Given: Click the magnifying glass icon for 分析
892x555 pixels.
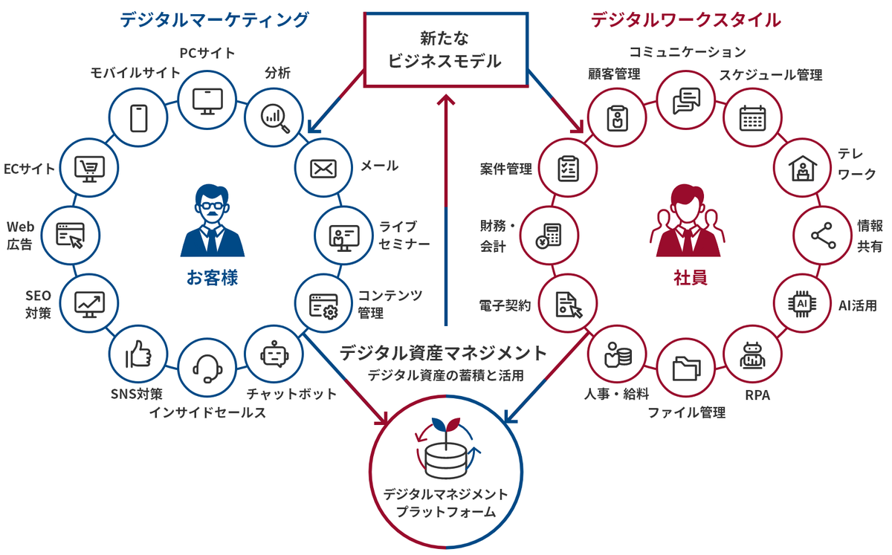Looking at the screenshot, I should [274, 116].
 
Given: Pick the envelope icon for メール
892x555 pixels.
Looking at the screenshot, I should [323, 168].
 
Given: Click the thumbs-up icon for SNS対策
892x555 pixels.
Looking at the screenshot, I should [138, 356].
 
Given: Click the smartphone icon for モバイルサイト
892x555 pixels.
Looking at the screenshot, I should [138, 117].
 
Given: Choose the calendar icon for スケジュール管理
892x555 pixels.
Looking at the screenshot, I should [752, 117].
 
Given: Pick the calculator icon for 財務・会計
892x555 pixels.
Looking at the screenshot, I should [551, 236].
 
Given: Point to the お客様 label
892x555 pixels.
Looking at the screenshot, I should [212, 279].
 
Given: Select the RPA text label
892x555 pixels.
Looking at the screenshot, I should [757, 395].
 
